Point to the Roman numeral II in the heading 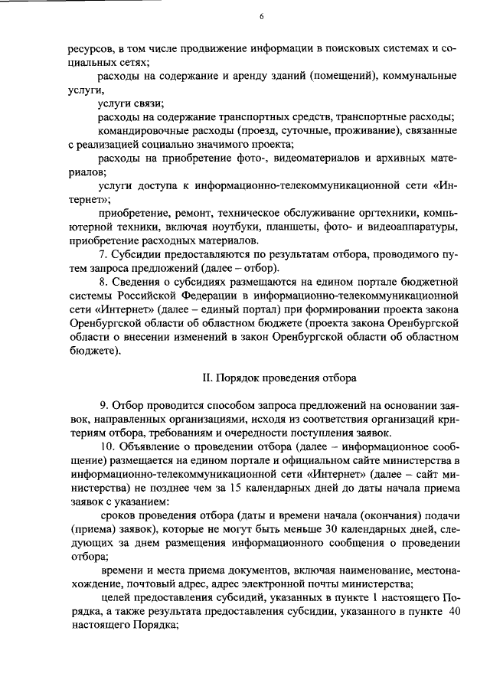pyautogui.click(x=206, y=378)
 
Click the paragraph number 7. pyautogui.click(x=104, y=255)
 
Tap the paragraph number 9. pyautogui.click(x=104, y=405)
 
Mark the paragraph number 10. pyautogui.click(x=106, y=446)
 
